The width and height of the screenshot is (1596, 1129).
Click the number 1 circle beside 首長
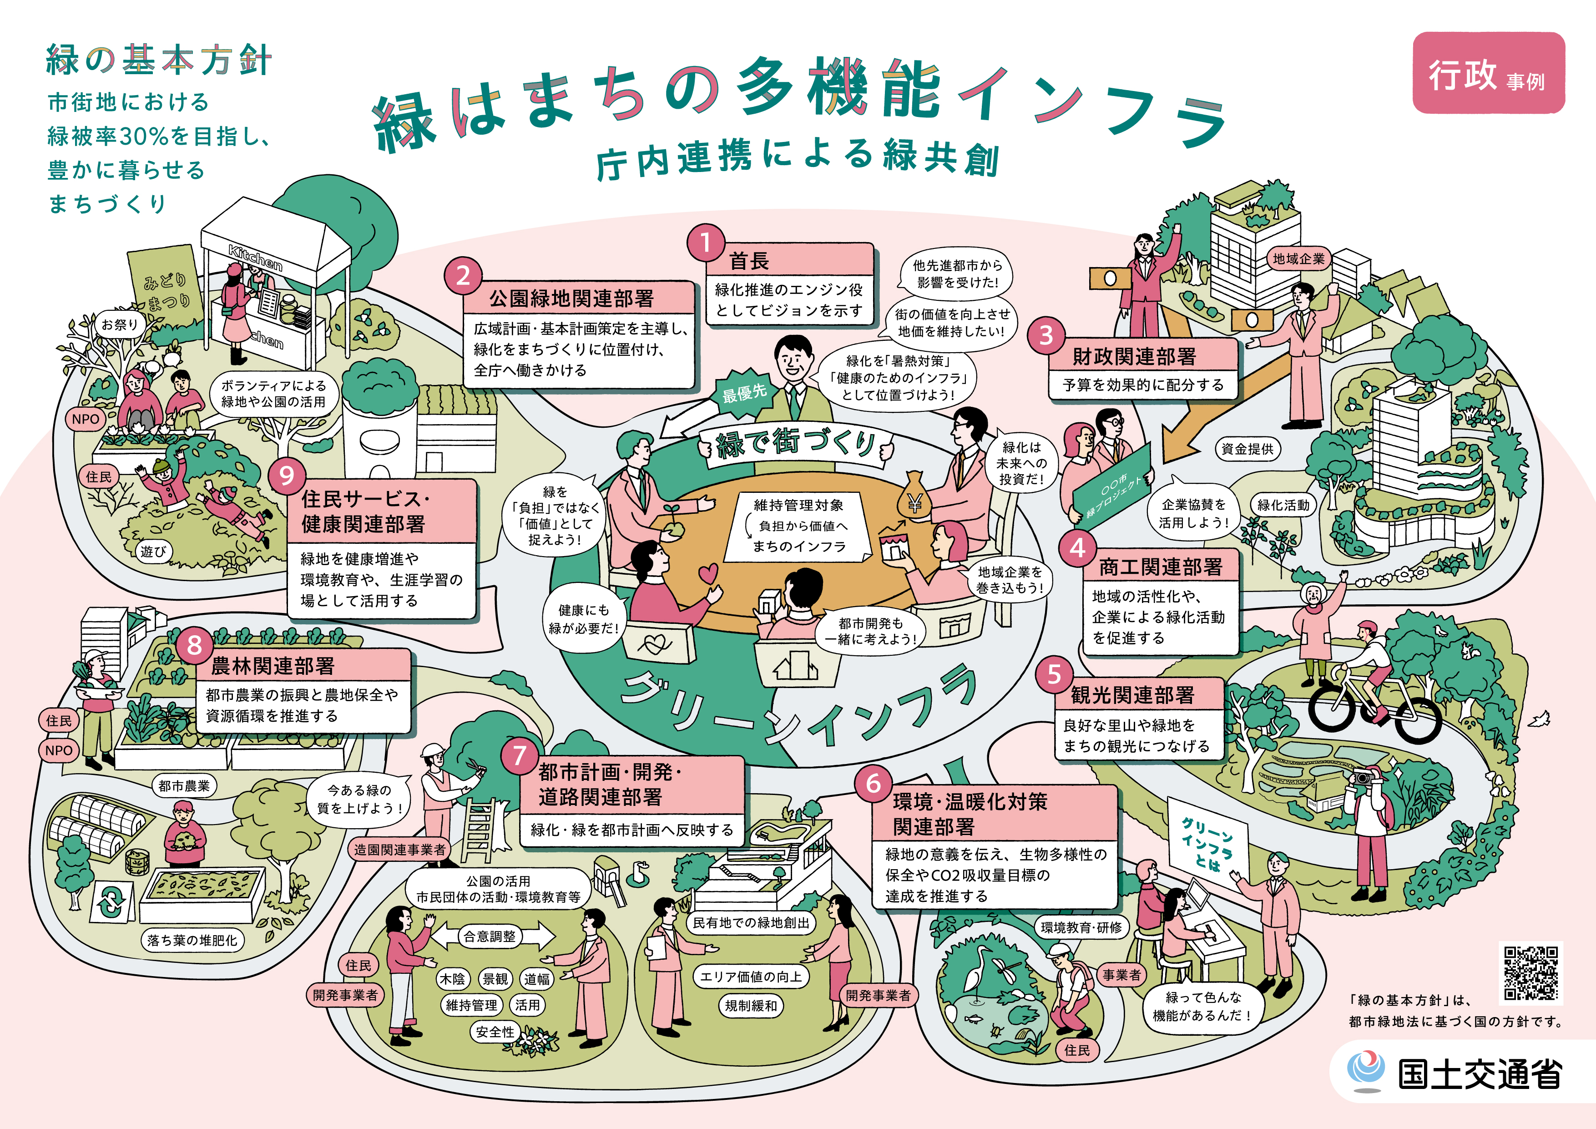pyautogui.click(x=706, y=243)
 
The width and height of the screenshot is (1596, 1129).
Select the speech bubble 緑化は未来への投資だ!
pyautogui.click(x=1020, y=462)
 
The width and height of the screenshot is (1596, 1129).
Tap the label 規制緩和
pyautogui.click(x=751, y=1006)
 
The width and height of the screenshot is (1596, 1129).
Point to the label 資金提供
pyautogui.click(x=1248, y=449)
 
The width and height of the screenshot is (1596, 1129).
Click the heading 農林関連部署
pyautogui.click(x=273, y=667)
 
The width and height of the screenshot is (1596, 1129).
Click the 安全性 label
pyautogui.click(x=495, y=1032)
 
